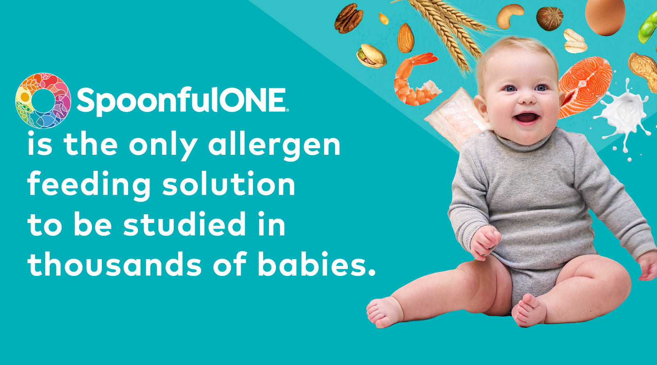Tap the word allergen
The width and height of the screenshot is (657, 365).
(x=274, y=146)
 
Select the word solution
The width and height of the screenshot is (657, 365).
(x=229, y=184)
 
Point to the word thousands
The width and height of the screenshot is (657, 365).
(x=115, y=264)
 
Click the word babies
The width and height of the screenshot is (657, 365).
(x=317, y=264)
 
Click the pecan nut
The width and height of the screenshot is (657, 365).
(x=349, y=18)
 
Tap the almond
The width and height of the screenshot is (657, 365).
(x=406, y=38)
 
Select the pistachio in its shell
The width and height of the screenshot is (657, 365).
(x=371, y=56)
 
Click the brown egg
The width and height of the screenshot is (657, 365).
(x=605, y=16)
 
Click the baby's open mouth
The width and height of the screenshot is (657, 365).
(x=527, y=118)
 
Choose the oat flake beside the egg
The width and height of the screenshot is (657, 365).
(x=575, y=41)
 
